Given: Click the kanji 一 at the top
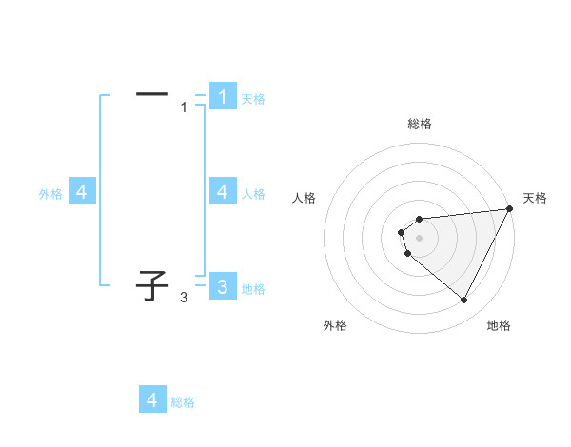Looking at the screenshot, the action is pyautogui.click(x=152, y=94).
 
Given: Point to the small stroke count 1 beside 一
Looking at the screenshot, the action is pyautogui.click(x=185, y=107).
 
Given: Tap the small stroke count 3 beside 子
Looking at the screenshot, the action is pyautogui.click(x=184, y=298).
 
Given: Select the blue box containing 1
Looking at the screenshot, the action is pyautogui.click(x=222, y=97).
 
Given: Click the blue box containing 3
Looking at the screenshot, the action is pyautogui.click(x=222, y=286).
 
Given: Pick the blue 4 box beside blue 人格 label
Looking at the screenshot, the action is pyautogui.click(x=222, y=192).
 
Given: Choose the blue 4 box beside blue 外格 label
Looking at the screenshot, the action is pyautogui.click(x=82, y=192).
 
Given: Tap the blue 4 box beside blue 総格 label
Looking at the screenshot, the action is pyautogui.click(x=152, y=399).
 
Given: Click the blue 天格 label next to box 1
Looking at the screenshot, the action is pyautogui.click(x=253, y=98).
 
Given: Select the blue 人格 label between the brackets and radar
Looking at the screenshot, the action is pyautogui.click(x=253, y=194).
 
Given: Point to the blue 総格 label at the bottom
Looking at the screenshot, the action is pyautogui.click(x=183, y=402).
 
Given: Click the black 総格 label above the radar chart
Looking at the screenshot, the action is pyautogui.click(x=420, y=124).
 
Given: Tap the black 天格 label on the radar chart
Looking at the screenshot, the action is pyautogui.click(x=535, y=198).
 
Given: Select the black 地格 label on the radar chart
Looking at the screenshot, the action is pyautogui.click(x=499, y=325).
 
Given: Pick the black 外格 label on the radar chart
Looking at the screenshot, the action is pyautogui.click(x=335, y=325).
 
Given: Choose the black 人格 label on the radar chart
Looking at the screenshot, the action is pyautogui.click(x=304, y=198).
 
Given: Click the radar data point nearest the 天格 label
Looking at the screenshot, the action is pyautogui.click(x=510, y=209).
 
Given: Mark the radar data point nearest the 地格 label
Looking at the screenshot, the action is pyautogui.click(x=464, y=301).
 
